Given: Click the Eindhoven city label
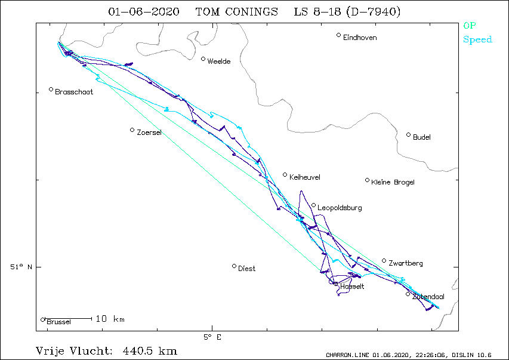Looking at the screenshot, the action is [x=360, y=38].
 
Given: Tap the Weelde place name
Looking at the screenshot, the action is [x=219, y=61].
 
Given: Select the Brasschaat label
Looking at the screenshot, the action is [x=74, y=92].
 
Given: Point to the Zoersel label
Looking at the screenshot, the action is [x=149, y=133].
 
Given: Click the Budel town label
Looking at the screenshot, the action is [x=422, y=137].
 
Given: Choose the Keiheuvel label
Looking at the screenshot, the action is [x=304, y=177].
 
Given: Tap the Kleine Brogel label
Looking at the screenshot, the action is [x=393, y=182].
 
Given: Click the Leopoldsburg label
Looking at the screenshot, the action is [x=340, y=208].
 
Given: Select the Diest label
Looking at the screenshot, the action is [x=246, y=269].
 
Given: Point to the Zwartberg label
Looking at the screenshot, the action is [x=405, y=263].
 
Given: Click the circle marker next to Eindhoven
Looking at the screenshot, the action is [x=338, y=35].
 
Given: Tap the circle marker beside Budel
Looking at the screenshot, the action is [x=408, y=135].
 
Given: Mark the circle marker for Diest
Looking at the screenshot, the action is [x=234, y=266].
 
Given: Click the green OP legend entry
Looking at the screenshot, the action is [x=470, y=25].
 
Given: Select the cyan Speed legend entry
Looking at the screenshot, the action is [x=477, y=39].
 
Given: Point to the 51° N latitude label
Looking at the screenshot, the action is [x=21, y=267].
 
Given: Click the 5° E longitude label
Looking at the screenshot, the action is [x=212, y=337].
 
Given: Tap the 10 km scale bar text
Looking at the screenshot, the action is [x=110, y=319].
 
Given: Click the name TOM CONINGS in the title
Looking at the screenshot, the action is [x=237, y=12].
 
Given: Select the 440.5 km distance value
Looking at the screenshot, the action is [x=150, y=351].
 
